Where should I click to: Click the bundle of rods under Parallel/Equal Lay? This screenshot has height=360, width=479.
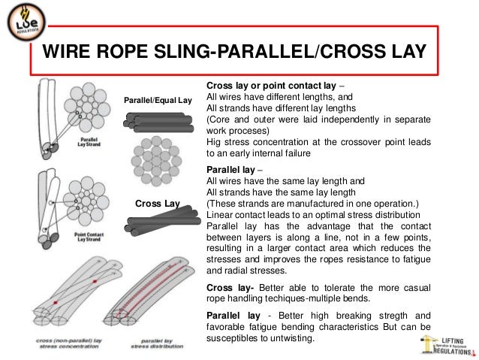(157, 121)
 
